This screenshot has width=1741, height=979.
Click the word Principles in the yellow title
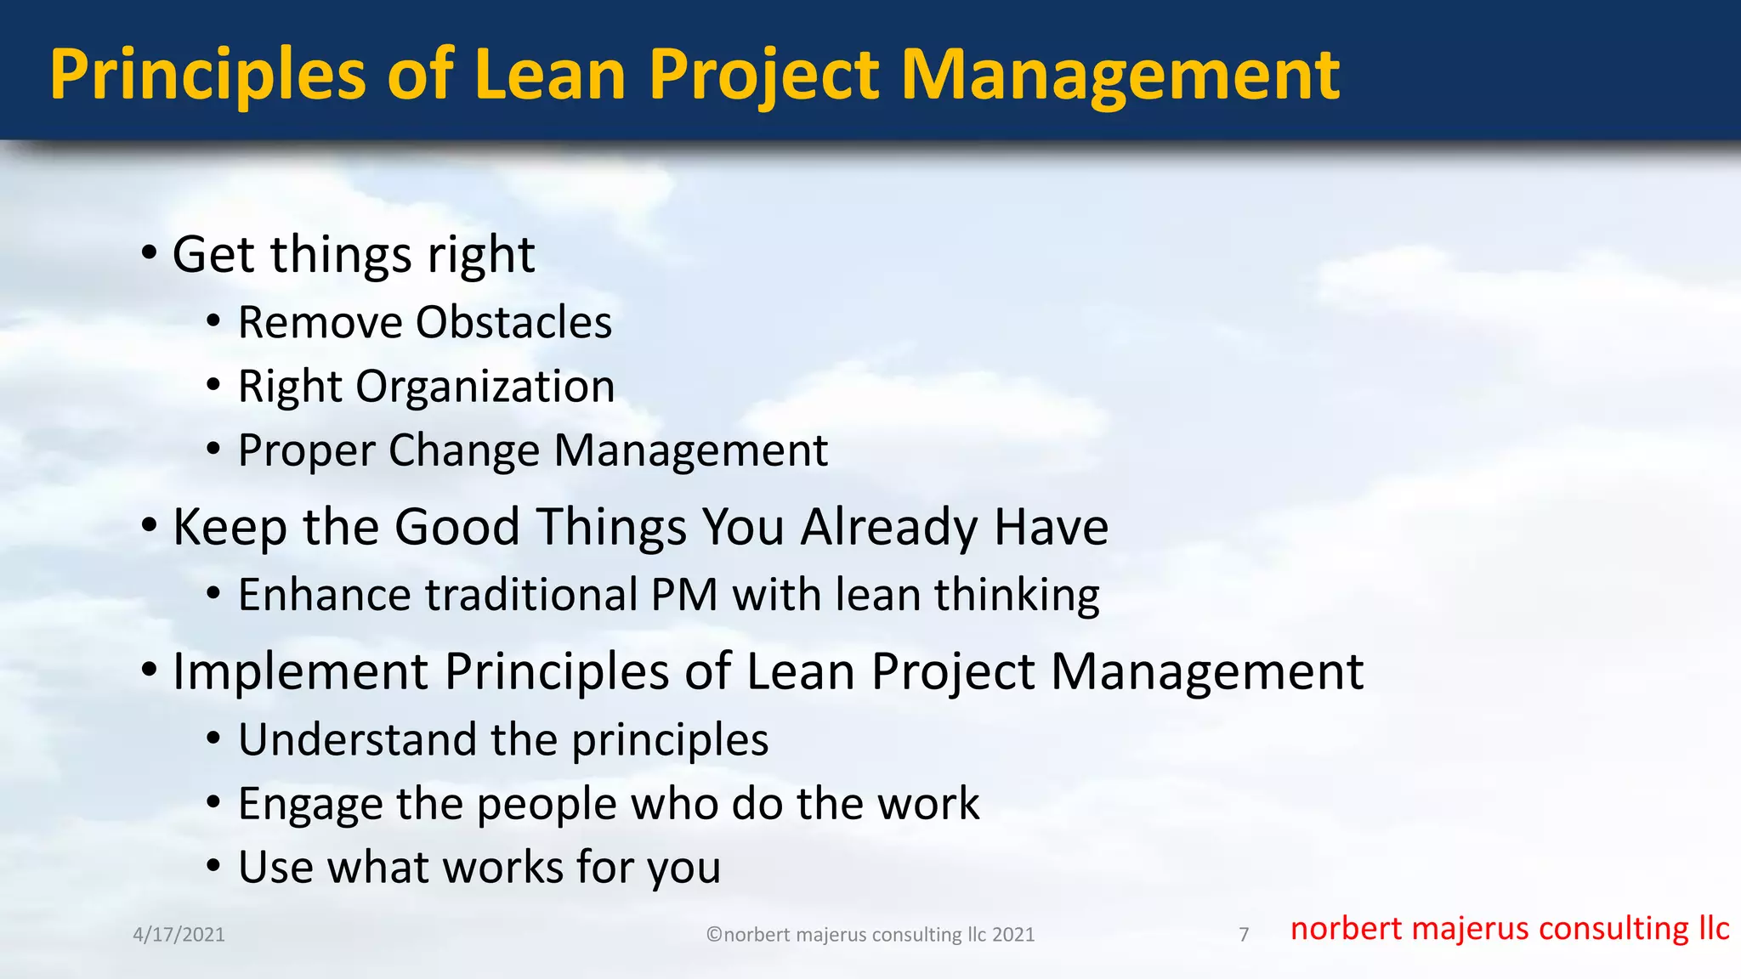pos(207,75)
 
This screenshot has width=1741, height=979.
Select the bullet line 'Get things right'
pos(353,254)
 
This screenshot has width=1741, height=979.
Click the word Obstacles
pos(513,323)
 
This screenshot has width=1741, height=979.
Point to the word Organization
pos(485,387)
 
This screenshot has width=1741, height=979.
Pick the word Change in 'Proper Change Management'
pos(463,450)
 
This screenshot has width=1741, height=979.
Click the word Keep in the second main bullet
pos(230,528)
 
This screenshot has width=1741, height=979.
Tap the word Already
pos(888,528)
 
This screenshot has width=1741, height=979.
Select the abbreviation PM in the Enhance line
pos(684,595)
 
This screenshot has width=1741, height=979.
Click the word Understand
pos(356,739)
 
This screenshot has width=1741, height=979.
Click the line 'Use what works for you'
pos(479,868)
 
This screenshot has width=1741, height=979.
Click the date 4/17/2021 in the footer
pos(179,935)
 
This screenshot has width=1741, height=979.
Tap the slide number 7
pos(1244,935)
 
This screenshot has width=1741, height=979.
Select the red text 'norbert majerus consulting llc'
pos(1509,929)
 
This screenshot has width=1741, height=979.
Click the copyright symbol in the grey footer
pos(714,935)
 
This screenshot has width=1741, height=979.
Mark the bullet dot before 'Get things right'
pos(150,252)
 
